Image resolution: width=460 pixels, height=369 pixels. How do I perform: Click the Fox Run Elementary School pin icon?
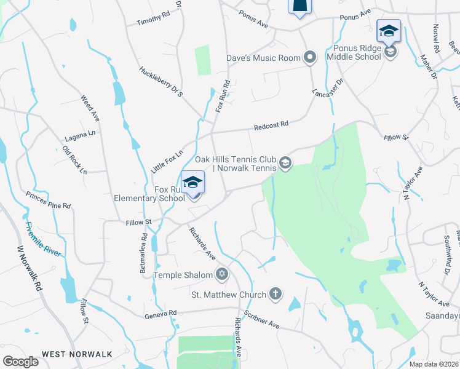[192, 182]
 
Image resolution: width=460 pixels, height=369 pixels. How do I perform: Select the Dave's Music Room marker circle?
[310, 58]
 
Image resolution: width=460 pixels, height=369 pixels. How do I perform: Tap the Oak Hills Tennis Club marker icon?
[285, 163]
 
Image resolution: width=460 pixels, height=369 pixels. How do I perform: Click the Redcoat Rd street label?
[271, 126]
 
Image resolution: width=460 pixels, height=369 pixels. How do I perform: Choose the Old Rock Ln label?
[74, 159]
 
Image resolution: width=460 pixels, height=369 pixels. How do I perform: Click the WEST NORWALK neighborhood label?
[77, 354]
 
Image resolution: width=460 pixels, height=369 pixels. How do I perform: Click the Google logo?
[21, 361]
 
